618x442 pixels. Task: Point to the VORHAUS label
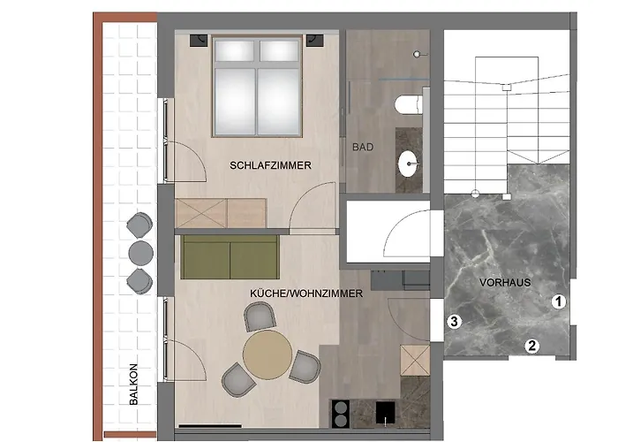[504, 284]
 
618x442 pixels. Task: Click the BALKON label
[133, 384]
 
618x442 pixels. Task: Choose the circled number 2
[531, 347]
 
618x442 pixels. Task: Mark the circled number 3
[454, 322]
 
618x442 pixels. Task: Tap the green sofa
[229, 256]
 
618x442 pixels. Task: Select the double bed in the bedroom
[258, 86]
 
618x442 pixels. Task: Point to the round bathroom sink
[409, 163]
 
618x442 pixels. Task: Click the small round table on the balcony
[140, 252]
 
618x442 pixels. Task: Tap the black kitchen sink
[384, 413]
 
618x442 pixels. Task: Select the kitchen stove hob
[342, 413]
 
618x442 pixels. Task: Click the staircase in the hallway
[507, 110]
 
